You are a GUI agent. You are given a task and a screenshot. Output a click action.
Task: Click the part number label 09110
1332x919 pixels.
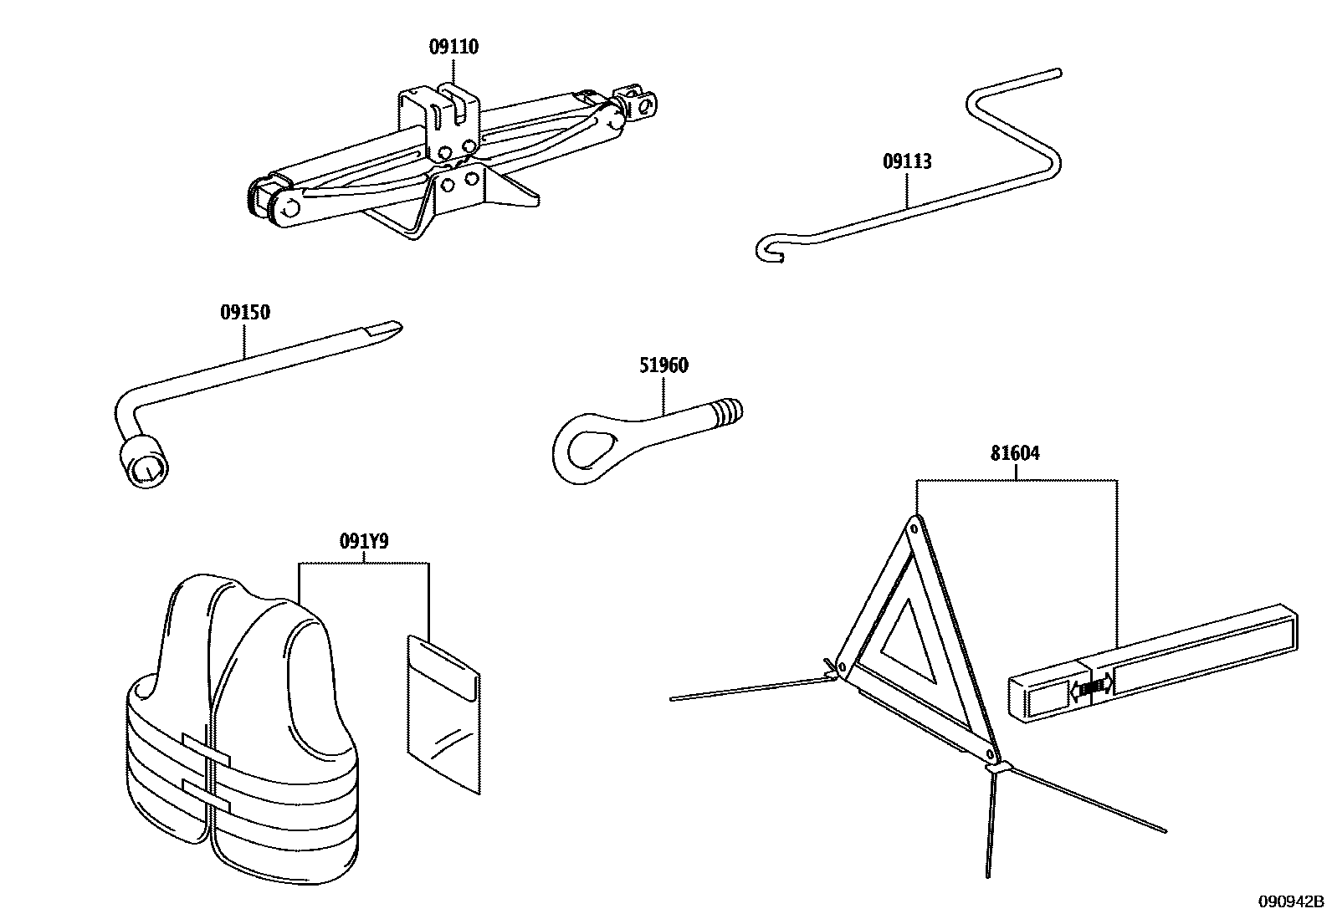tap(453, 46)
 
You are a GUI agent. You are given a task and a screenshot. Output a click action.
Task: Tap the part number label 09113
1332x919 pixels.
tap(907, 161)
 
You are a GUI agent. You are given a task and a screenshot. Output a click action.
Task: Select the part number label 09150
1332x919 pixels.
tap(245, 312)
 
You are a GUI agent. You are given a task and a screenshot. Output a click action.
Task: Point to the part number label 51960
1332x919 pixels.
tap(663, 365)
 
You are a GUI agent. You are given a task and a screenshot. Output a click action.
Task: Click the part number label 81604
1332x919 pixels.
tap(1015, 453)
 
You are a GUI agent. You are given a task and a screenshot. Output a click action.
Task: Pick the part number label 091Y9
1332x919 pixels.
tap(364, 542)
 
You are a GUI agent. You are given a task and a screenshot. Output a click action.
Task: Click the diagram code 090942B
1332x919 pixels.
tap(1291, 901)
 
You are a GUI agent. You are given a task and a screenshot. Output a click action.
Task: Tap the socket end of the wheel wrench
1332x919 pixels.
tap(145, 462)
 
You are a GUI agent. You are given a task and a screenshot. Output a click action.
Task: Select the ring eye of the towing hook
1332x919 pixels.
tap(586, 449)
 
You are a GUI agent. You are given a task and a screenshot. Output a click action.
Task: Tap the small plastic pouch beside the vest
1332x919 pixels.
tap(443, 714)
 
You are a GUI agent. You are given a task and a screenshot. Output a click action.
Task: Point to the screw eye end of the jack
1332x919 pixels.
tap(640, 105)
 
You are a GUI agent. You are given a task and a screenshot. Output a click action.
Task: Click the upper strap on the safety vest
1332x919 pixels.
tap(207, 750)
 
